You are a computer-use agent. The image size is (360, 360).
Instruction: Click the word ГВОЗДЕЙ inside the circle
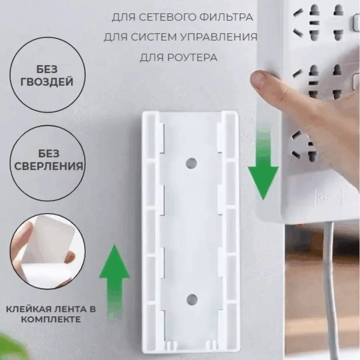pos(47,82)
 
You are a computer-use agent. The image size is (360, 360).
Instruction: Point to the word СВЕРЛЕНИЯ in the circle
pos(49,166)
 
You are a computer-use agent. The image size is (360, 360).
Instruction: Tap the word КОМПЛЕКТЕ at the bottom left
pos(51,319)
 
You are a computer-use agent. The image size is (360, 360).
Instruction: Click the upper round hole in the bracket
pos(191,163)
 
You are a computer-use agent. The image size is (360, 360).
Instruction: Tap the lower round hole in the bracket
pos(192,299)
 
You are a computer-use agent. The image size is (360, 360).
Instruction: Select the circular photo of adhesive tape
pos(47,251)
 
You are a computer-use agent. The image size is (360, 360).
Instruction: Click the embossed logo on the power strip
pos(328,197)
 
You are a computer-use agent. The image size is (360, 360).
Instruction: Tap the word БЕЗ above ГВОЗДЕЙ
pos(47,69)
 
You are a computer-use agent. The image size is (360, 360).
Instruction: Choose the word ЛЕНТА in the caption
pos(71,309)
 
